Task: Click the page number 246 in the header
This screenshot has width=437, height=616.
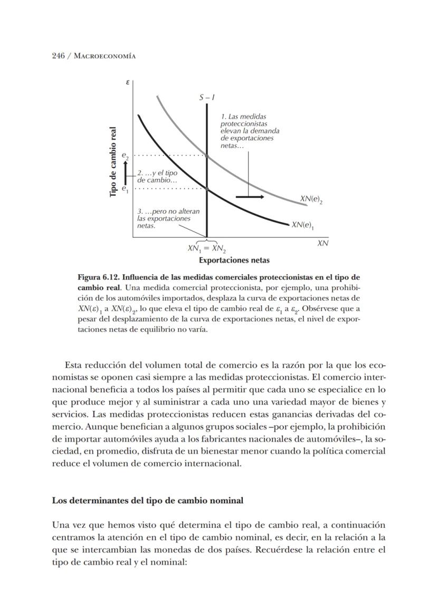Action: coord(58,56)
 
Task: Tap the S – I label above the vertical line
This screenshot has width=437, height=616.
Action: coord(206,98)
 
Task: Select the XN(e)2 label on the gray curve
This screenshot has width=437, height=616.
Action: coord(311,199)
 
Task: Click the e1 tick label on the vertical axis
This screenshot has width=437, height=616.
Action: coord(125,188)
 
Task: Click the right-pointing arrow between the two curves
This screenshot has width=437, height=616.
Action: coord(250,197)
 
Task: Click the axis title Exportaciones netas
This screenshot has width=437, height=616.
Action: coord(234,260)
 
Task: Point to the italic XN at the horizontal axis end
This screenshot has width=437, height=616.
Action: coord(322,243)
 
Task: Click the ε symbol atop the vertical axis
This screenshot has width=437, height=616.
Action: coord(128,83)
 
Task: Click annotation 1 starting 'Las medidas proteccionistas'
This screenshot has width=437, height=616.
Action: coord(249,131)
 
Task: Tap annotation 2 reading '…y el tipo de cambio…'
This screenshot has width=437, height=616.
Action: coord(157,176)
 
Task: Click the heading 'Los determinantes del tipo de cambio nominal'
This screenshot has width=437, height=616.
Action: coord(147,500)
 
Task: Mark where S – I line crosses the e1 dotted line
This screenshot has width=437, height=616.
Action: coord(206,188)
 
